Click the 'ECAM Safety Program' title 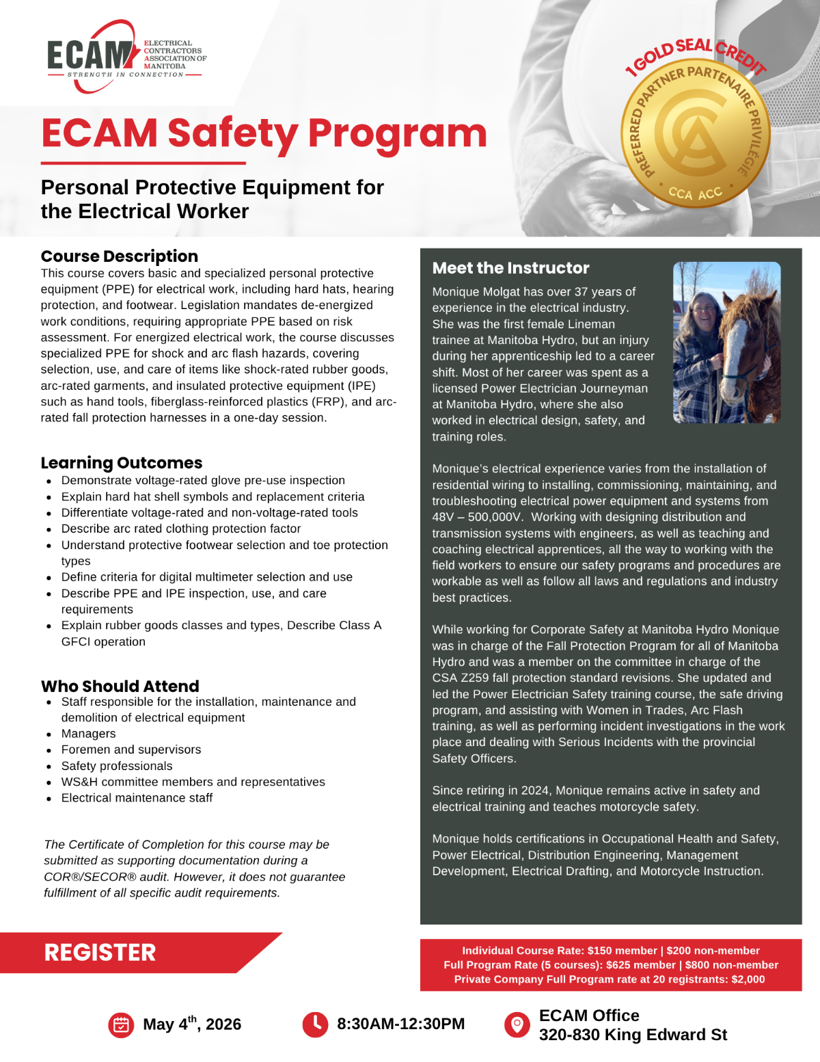(x=264, y=133)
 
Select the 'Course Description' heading (x=120, y=256)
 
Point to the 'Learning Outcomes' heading (x=122, y=463)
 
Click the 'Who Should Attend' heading (x=120, y=686)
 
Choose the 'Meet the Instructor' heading (x=510, y=268)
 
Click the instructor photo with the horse (x=726, y=342)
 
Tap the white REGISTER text (x=100, y=953)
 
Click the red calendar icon (x=121, y=1024)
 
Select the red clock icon (x=315, y=1024)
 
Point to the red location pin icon (x=517, y=1024)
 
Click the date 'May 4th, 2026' (x=192, y=1024)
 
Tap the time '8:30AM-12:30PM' (x=400, y=1024)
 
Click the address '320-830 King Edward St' (x=633, y=1035)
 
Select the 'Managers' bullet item (x=89, y=734)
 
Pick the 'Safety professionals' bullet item (x=117, y=766)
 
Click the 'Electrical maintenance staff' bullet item (x=137, y=798)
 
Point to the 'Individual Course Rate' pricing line (x=611, y=951)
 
